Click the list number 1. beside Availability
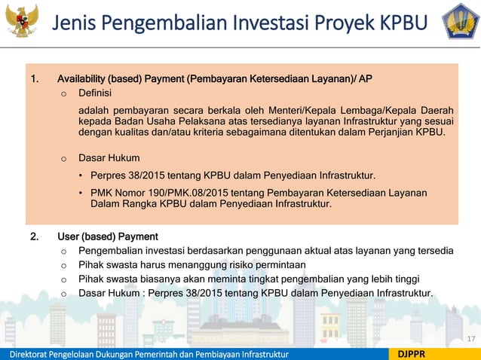coord(35,79)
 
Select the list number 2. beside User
coord(35,236)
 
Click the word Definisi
coord(95,93)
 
